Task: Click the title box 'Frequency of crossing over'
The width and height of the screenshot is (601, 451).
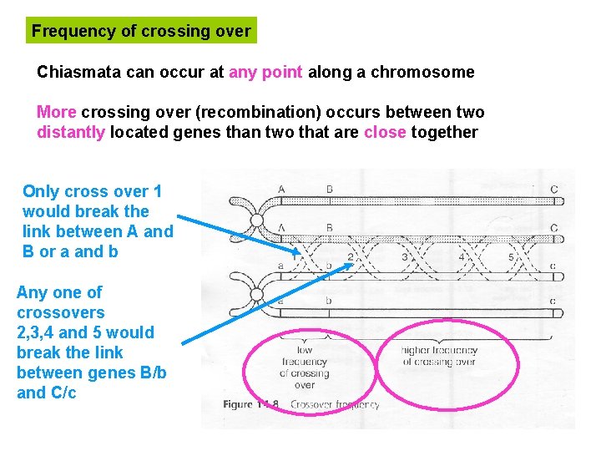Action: coord(140,31)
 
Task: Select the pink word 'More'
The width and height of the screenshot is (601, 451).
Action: coord(56,112)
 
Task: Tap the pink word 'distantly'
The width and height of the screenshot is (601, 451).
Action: coord(71,132)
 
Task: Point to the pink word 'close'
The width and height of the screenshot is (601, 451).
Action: coord(385,132)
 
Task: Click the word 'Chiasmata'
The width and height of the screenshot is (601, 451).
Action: coord(79,72)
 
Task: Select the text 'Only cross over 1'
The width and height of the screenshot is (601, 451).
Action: coord(92,191)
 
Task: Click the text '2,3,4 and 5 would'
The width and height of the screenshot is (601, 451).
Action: coord(85,332)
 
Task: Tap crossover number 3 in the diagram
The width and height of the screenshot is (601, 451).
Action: coord(404,257)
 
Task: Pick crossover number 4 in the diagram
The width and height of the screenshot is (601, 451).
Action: coord(461,257)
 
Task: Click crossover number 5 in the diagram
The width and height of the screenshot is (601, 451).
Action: coord(511,257)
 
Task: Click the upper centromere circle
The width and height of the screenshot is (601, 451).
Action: coord(257,221)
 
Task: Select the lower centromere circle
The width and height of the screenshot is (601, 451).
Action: coord(257,294)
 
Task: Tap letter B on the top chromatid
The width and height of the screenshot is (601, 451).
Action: coord(330,190)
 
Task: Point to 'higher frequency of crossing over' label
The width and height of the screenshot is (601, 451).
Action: coord(439,357)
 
